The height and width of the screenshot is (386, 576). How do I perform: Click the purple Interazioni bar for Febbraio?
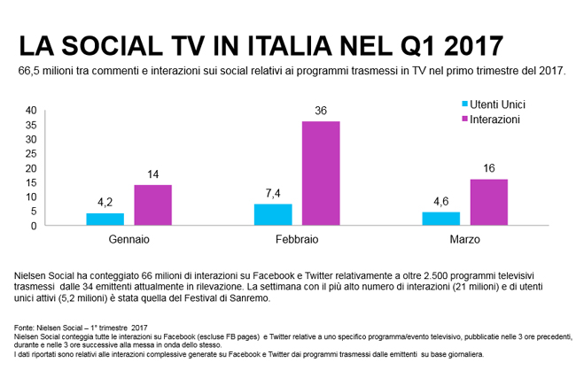(321, 174)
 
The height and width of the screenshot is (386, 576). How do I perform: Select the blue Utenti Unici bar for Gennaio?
(105, 220)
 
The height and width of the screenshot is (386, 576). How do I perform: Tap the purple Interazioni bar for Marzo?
(488, 203)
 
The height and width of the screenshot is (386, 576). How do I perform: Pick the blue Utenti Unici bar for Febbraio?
(272, 215)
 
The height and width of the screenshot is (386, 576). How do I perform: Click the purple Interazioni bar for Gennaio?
(152, 205)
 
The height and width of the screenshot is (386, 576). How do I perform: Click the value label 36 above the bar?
(322, 111)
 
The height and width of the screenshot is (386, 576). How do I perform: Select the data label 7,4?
(272, 194)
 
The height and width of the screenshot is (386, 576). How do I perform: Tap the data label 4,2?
(105, 203)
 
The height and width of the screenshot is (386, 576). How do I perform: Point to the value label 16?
(488, 169)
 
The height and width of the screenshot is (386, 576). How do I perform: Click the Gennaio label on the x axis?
(128, 240)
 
